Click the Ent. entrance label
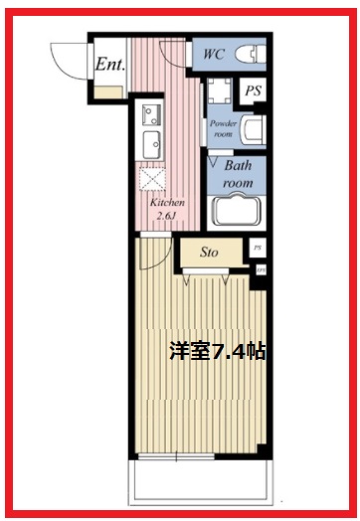[108, 66]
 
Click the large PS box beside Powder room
[255, 89]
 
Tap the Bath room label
[237, 175]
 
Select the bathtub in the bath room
[237, 211]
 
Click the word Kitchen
[167, 203]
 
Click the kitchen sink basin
[153, 140]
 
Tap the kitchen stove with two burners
[152, 111]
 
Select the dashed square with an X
[154, 180]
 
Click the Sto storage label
[209, 254]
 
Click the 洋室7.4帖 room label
[216, 350]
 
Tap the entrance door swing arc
[68, 60]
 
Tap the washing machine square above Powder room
[219, 93]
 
